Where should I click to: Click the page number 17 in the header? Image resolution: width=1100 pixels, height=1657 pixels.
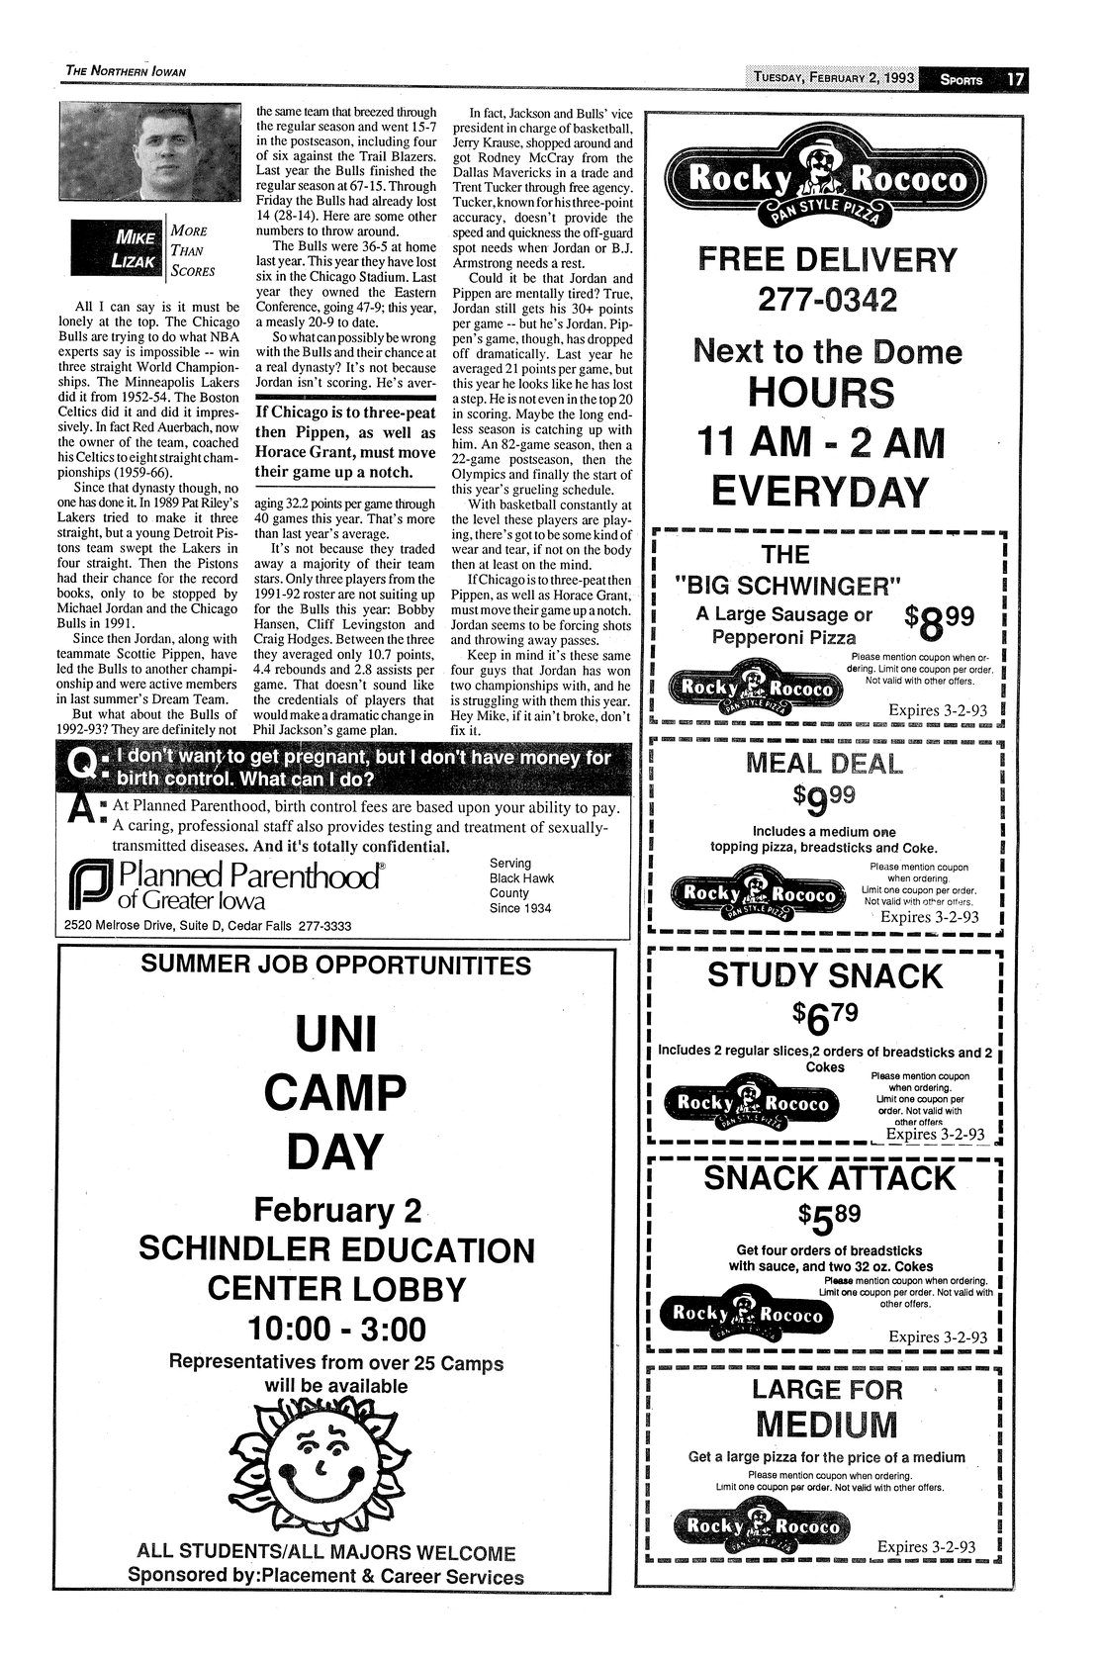[x=1015, y=79]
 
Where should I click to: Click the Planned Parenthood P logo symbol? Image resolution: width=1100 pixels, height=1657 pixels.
[x=90, y=884]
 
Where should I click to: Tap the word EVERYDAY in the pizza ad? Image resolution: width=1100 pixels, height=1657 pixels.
[x=827, y=492]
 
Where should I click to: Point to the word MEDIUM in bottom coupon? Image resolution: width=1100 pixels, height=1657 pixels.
[x=826, y=1426]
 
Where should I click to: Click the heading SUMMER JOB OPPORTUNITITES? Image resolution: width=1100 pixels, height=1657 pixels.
[x=336, y=967]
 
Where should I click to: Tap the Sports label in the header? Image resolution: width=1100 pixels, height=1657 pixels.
[x=961, y=80]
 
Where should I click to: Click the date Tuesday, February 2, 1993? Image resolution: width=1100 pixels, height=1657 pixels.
[x=832, y=79]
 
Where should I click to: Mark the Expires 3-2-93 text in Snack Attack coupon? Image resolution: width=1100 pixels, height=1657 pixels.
[x=938, y=1337]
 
